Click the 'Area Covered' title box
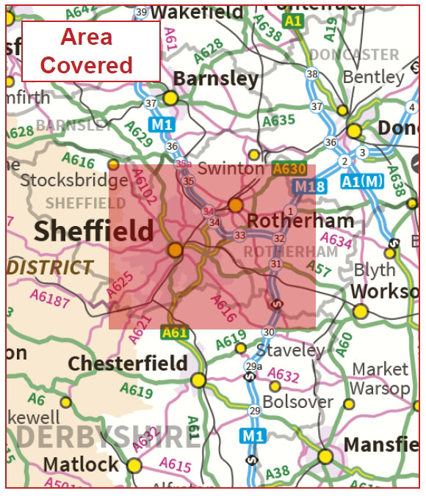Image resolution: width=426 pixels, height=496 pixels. point(91,51)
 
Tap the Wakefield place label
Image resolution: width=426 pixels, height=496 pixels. point(197,12)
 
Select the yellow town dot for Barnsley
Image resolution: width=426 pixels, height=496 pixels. point(171,98)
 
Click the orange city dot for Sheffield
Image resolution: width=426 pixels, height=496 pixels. point(175,250)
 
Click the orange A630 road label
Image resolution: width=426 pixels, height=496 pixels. point(289,169)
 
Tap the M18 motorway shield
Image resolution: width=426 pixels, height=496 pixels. point(310,188)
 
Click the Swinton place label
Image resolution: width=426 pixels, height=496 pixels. point(230,169)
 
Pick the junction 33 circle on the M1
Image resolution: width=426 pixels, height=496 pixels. point(239,236)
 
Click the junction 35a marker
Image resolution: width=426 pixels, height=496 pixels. point(184,164)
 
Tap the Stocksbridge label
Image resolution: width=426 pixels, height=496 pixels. point(74,180)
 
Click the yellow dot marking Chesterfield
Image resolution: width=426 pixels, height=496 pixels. point(198,380)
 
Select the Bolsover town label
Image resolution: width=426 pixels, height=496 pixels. point(297,402)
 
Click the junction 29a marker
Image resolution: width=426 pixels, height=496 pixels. point(253,367)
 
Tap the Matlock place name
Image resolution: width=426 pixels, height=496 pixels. point(81,464)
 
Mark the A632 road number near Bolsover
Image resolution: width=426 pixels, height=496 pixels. point(283,376)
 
